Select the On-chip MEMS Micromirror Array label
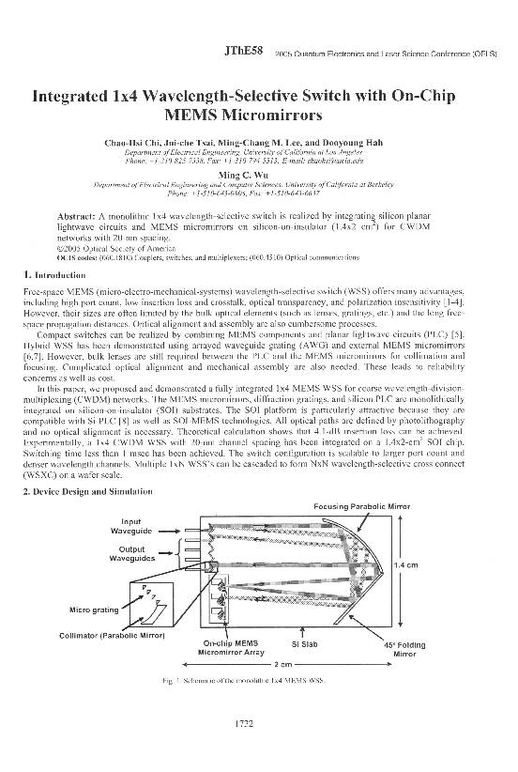click(x=234, y=648)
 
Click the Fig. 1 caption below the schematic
click(x=252, y=678)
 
